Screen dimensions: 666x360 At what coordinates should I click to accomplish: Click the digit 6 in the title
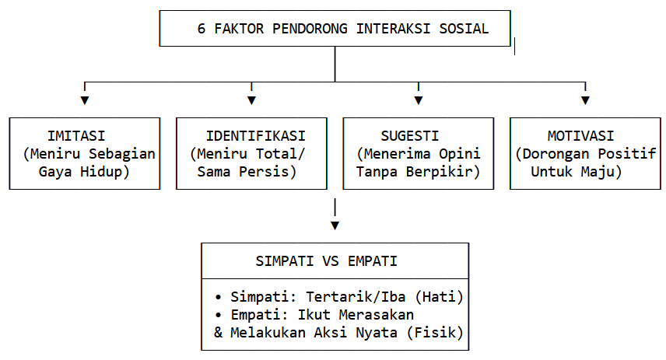(x=202, y=29)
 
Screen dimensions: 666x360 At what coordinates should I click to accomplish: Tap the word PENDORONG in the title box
(x=310, y=29)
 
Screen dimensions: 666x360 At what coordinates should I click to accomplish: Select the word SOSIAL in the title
(x=464, y=29)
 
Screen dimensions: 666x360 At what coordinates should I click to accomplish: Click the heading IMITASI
(x=76, y=136)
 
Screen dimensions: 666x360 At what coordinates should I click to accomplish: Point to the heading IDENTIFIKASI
(x=256, y=136)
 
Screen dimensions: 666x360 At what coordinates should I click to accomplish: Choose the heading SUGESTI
(x=410, y=136)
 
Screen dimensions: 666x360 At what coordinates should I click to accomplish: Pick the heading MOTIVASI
(x=580, y=136)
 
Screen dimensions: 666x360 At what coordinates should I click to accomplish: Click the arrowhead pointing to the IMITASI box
(x=85, y=100)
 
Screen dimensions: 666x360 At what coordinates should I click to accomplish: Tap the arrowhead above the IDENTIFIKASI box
(x=251, y=100)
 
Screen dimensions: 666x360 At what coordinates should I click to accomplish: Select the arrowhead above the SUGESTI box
(x=419, y=100)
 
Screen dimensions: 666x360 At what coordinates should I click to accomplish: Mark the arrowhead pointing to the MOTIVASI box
(x=585, y=100)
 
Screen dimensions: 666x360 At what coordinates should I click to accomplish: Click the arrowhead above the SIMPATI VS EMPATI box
(x=335, y=225)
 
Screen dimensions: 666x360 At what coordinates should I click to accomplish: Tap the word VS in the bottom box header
(x=331, y=261)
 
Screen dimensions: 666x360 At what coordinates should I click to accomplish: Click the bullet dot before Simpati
(x=219, y=297)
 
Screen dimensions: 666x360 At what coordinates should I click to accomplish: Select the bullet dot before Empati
(x=219, y=315)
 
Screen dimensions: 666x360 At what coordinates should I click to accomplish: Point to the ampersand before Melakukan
(x=219, y=333)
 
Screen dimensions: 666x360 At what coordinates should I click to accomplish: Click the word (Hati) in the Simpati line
(x=439, y=297)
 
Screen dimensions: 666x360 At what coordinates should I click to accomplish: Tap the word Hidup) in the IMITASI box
(x=105, y=172)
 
